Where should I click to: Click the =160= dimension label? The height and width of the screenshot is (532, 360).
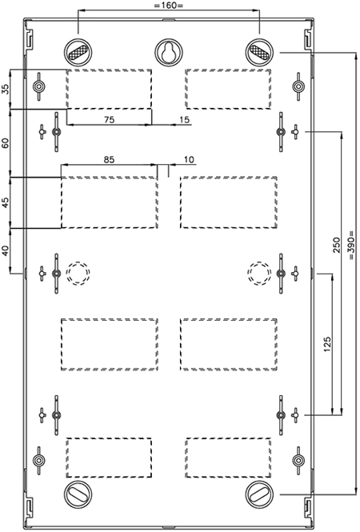pyautogui.click(x=169, y=6)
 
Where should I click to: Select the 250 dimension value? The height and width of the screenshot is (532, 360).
pyautogui.click(x=336, y=245)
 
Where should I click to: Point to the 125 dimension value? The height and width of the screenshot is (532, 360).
pyautogui.click(x=326, y=344)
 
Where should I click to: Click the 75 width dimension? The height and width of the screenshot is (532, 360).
pyautogui.click(x=110, y=119)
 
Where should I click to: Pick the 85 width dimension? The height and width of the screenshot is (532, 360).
pyautogui.click(x=110, y=159)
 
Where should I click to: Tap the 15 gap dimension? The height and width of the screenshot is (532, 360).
pyautogui.click(x=185, y=119)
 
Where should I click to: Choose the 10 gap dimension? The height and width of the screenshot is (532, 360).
pyautogui.click(x=190, y=159)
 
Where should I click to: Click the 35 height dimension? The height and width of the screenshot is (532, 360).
pyautogui.click(x=6, y=90)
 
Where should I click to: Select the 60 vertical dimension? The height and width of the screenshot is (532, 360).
pyautogui.click(x=6, y=143)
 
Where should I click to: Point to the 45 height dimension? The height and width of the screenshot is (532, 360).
pyautogui.click(x=6, y=202)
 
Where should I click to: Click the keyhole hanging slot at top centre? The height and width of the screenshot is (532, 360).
pyautogui.click(x=169, y=53)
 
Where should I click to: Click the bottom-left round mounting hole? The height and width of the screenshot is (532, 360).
pyautogui.click(x=78, y=494)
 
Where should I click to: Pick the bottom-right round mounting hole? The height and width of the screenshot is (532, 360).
pyautogui.click(x=259, y=494)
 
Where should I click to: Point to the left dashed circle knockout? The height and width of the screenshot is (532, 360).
pyautogui.click(x=78, y=273)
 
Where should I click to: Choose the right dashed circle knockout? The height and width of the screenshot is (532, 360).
pyautogui.click(x=259, y=273)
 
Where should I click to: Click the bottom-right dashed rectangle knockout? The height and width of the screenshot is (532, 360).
pyautogui.click(x=228, y=458)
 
